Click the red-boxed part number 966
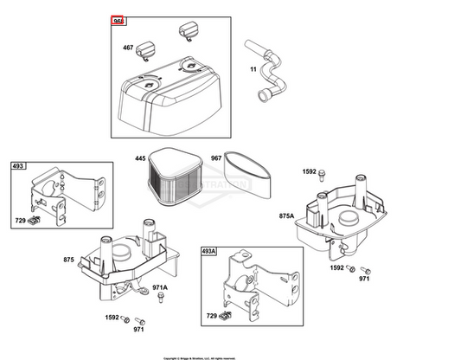(x=118, y=20)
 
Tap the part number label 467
(x=128, y=48)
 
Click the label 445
(x=140, y=158)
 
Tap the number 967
(x=215, y=158)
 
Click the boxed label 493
(x=18, y=165)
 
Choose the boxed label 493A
(x=208, y=252)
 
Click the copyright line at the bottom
(x=233, y=356)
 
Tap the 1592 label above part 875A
(x=310, y=172)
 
